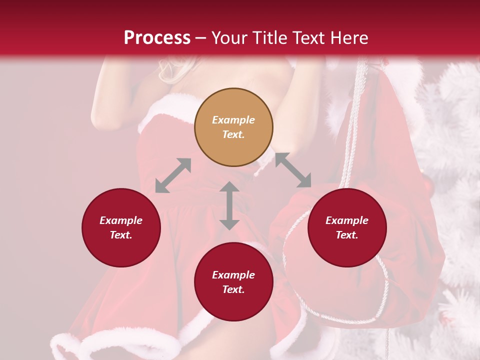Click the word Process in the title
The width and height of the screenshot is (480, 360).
(157, 38)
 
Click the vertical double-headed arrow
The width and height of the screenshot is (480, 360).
(229, 205)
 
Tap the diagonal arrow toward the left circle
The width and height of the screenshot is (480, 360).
(173, 175)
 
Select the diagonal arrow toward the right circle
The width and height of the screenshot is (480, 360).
(293, 170)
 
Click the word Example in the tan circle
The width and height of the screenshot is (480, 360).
(233, 120)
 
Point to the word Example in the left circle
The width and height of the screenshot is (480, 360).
(121, 220)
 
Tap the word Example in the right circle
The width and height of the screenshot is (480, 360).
(347, 220)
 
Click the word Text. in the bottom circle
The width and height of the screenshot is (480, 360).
(233, 289)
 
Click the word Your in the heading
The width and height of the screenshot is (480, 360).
(229, 38)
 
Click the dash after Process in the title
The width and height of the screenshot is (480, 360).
(201, 38)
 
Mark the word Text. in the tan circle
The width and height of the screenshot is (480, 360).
(233, 135)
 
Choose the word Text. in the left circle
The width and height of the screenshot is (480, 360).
(121, 235)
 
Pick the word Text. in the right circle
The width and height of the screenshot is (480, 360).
(347, 235)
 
